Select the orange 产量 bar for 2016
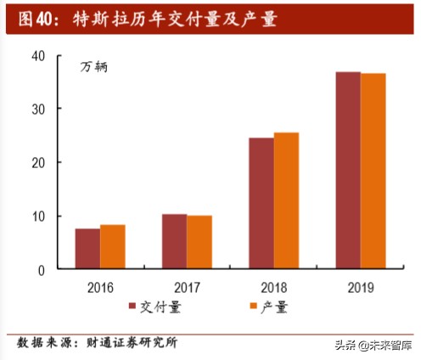click(112, 247)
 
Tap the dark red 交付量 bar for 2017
click(174, 242)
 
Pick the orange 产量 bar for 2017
click(199, 243)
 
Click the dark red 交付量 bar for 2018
click(261, 204)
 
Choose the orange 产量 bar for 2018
click(286, 201)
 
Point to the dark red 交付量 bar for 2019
click(348, 171)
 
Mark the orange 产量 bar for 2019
click(373, 172)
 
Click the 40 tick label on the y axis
click(37, 56)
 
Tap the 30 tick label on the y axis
click(37, 110)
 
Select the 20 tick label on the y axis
click(37, 163)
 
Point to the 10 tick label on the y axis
click(37, 217)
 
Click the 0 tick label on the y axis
click(41, 270)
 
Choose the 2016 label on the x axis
click(100, 287)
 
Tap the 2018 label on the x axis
click(273, 287)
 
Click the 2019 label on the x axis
click(360, 287)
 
